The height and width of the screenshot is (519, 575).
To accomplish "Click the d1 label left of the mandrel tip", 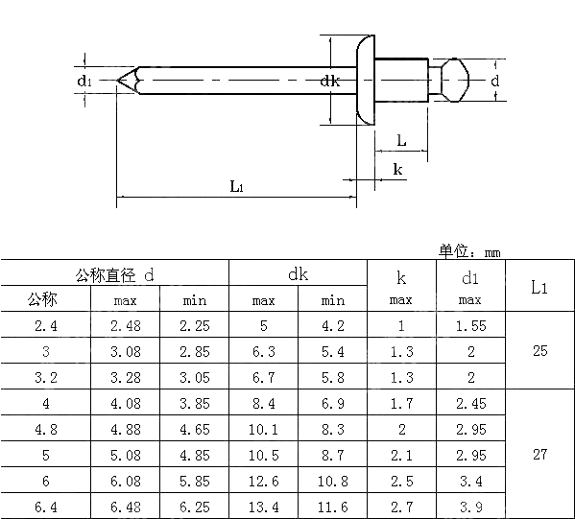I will pyautogui.click(x=85, y=82).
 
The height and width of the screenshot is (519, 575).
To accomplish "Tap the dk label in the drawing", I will pyautogui.click(x=330, y=82).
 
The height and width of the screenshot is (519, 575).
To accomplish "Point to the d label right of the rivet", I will pyautogui.click(x=495, y=82).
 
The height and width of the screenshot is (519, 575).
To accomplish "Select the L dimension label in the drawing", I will pyautogui.click(x=401, y=141).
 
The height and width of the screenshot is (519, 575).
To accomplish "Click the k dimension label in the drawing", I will pyautogui.click(x=397, y=170).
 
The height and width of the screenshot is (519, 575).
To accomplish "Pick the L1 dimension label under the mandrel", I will pyautogui.click(x=236, y=186).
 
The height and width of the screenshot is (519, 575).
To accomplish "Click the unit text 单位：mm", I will pyautogui.click(x=470, y=252).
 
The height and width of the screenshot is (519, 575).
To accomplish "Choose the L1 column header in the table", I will pyautogui.click(x=539, y=287).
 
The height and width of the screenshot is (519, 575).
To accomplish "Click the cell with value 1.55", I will pyautogui.click(x=470, y=326).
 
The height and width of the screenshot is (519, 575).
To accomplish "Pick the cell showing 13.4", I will pyautogui.click(x=264, y=507).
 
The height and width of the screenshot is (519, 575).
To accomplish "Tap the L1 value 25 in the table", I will pyautogui.click(x=539, y=352).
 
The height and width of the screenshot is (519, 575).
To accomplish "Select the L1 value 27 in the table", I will pyautogui.click(x=539, y=455).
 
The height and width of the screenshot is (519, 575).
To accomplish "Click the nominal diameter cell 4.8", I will pyautogui.click(x=45, y=429).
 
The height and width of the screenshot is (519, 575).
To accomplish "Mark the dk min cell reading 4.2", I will pyautogui.click(x=333, y=326).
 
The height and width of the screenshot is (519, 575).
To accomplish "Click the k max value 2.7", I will pyautogui.click(x=401, y=507).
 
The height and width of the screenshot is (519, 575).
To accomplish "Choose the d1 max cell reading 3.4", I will pyautogui.click(x=470, y=481).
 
